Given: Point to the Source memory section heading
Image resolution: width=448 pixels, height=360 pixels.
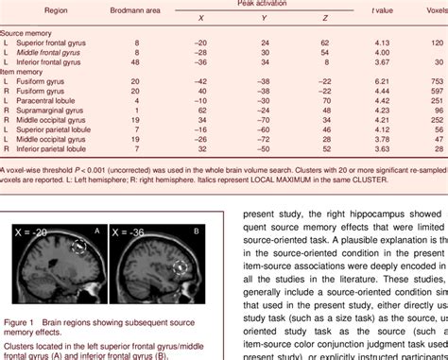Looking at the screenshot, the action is click(x=26, y=31).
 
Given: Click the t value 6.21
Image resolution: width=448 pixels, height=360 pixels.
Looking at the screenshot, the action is click(x=383, y=81).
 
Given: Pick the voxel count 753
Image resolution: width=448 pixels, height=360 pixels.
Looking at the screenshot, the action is click(x=438, y=81).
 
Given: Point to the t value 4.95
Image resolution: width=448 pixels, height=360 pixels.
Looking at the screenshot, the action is click(x=383, y=91).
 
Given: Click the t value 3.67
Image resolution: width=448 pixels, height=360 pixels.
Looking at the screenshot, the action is click(x=383, y=61).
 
